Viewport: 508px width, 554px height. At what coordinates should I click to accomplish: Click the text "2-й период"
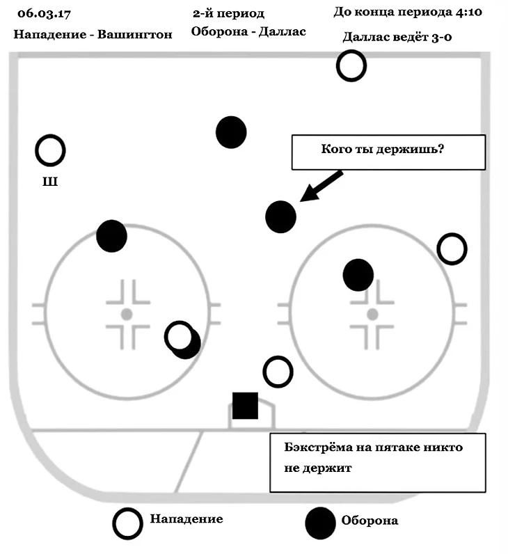[228, 13]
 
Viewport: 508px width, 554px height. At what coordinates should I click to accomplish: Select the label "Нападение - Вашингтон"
[93, 34]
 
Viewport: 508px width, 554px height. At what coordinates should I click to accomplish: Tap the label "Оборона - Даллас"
[248, 32]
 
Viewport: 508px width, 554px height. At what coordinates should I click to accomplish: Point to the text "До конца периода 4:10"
[408, 13]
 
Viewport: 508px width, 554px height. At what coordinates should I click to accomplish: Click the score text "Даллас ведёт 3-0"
[397, 37]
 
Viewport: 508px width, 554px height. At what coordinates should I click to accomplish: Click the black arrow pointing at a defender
[321, 186]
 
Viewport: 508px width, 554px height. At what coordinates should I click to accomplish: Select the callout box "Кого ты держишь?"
[388, 152]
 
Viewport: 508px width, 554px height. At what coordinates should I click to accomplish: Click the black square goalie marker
[245, 406]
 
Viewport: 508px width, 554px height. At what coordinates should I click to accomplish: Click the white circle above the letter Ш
[50, 150]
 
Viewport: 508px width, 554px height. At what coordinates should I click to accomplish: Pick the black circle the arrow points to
[281, 216]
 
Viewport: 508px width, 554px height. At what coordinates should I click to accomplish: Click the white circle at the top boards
[351, 66]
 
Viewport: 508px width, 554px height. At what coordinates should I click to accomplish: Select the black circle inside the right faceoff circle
[358, 275]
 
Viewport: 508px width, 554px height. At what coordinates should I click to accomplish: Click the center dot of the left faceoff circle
[127, 315]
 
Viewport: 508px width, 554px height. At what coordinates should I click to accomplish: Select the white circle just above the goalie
[278, 372]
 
